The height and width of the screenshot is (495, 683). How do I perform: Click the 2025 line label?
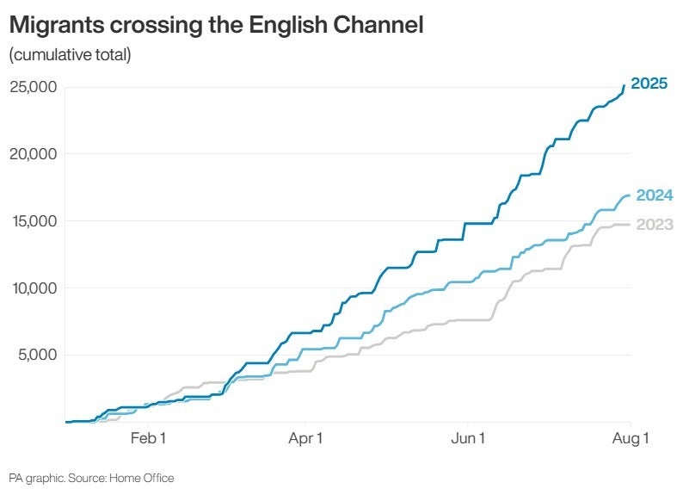click(649, 83)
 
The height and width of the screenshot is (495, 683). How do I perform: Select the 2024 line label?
click(655, 195)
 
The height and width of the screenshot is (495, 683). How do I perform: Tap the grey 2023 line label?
click(655, 225)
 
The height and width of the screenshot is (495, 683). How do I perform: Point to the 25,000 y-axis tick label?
click(34, 87)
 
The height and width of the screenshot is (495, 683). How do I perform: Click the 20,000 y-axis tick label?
click(34, 154)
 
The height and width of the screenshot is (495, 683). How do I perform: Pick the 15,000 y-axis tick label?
click(35, 221)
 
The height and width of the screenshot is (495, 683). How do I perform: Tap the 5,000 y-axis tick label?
click(38, 355)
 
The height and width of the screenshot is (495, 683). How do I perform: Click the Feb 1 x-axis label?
click(148, 438)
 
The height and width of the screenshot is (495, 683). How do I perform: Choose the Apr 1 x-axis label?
click(305, 438)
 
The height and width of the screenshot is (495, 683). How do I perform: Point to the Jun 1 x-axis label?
click(468, 438)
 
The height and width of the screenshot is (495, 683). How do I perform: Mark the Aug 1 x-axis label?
click(631, 438)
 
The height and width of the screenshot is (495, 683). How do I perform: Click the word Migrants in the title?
click(57, 25)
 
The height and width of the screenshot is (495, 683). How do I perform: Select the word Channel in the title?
click(378, 24)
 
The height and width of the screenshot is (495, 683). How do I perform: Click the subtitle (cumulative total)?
click(71, 55)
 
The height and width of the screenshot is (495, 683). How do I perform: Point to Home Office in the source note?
click(142, 478)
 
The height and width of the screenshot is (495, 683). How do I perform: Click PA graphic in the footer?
click(38, 479)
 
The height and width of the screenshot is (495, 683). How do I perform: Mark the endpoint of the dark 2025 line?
click(625, 85)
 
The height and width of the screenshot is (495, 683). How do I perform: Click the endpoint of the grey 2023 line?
click(629, 225)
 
